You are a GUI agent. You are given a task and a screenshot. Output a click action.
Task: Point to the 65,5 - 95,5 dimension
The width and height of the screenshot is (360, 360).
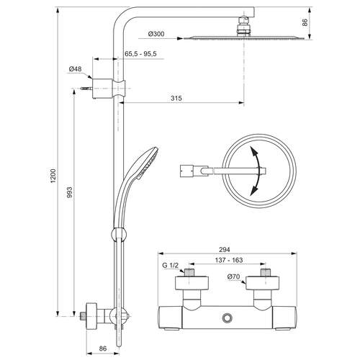click(141, 54)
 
